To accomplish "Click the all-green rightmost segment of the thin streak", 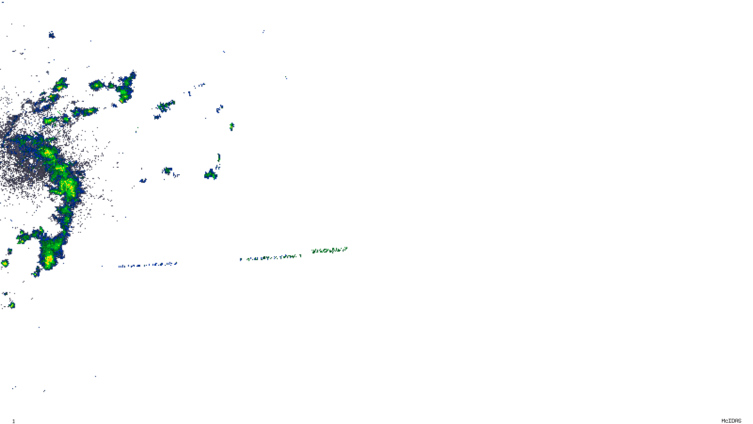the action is click(329, 250).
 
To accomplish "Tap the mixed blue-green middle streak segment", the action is click(270, 257).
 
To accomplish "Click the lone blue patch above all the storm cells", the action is click(52, 35).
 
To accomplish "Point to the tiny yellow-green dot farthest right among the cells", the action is click(231, 126).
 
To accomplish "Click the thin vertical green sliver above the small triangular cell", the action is click(219, 157).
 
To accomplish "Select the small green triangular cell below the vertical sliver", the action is click(210, 175).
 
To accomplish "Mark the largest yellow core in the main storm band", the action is click(69, 186).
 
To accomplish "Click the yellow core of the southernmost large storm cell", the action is click(49, 259).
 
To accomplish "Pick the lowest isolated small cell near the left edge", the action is click(12, 305).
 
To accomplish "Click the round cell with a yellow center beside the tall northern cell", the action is click(96, 85).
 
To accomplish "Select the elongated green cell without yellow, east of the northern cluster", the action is click(165, 106).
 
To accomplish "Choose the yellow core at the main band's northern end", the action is click(47, 152).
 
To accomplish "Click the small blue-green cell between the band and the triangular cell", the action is click(167, 171).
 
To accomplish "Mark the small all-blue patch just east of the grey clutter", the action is click(143, 180).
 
